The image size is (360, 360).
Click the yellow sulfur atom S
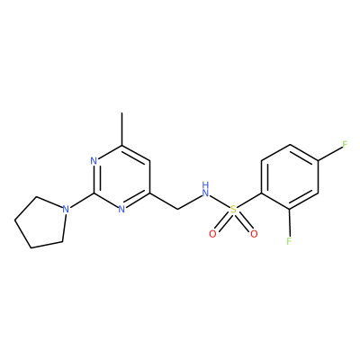[233, 210]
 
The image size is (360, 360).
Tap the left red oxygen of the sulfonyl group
[212, 234]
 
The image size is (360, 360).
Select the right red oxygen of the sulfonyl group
[254, 234]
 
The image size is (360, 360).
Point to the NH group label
[205, 189]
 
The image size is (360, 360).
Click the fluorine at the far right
[345, 145]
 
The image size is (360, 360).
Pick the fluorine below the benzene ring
[289, 241]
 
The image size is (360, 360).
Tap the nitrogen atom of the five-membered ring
[66, 209]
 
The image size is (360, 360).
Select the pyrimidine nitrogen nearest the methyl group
[94, 161]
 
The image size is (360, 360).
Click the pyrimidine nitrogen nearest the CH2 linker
[121, 209]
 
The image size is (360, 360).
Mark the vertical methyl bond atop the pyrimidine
[121, 129]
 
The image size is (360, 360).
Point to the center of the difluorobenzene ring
[289, 177]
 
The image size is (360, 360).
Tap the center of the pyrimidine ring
[121, 177]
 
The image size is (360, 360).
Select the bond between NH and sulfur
[220, 202]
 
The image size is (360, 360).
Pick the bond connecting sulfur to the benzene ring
[249, 200]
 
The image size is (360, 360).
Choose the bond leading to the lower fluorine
[289, 223]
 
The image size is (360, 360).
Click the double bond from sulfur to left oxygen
[222, 222]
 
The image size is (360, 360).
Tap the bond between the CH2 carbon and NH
[190, 202]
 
